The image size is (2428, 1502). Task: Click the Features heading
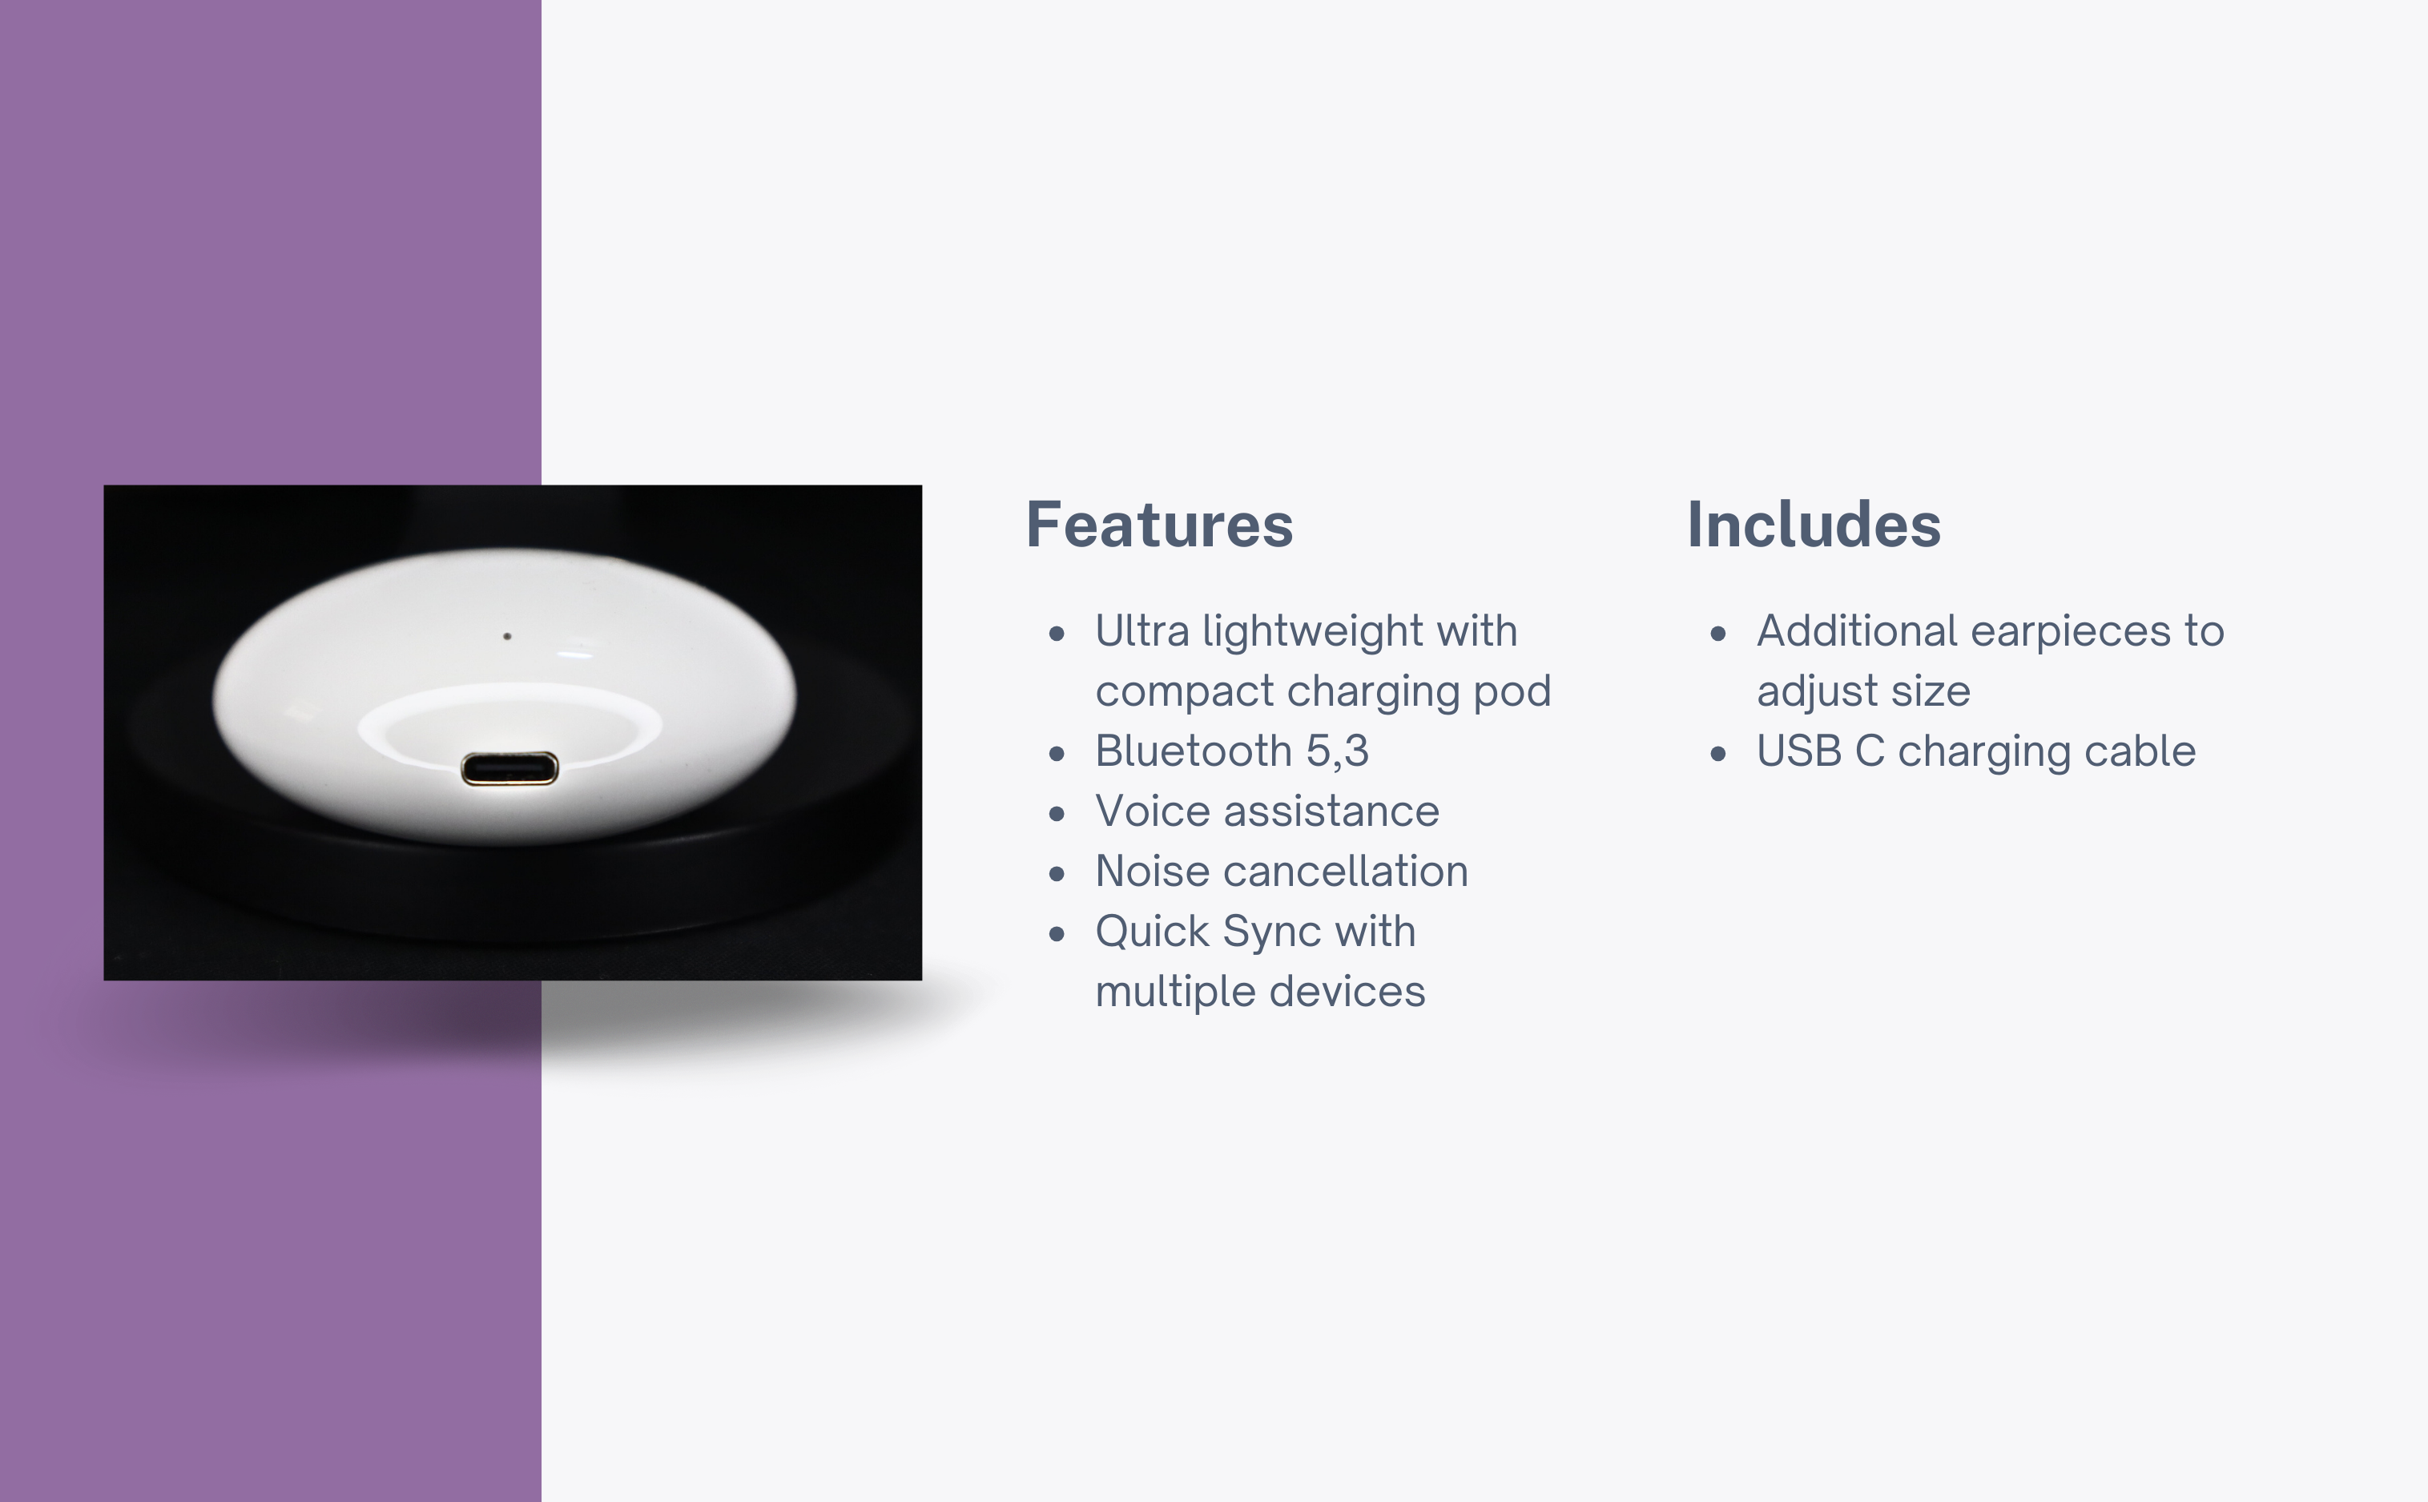[x=1159, y=525]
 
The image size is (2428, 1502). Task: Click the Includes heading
[x=1814, y=525]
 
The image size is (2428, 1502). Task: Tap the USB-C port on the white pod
[x=509, y=769]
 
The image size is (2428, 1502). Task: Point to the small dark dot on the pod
[x=507, y=636]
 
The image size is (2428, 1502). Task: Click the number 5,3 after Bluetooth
[x=1338, y=752]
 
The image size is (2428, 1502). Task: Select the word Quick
[x=1152, y=932]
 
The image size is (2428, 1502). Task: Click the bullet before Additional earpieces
[x=1718, y=634]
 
